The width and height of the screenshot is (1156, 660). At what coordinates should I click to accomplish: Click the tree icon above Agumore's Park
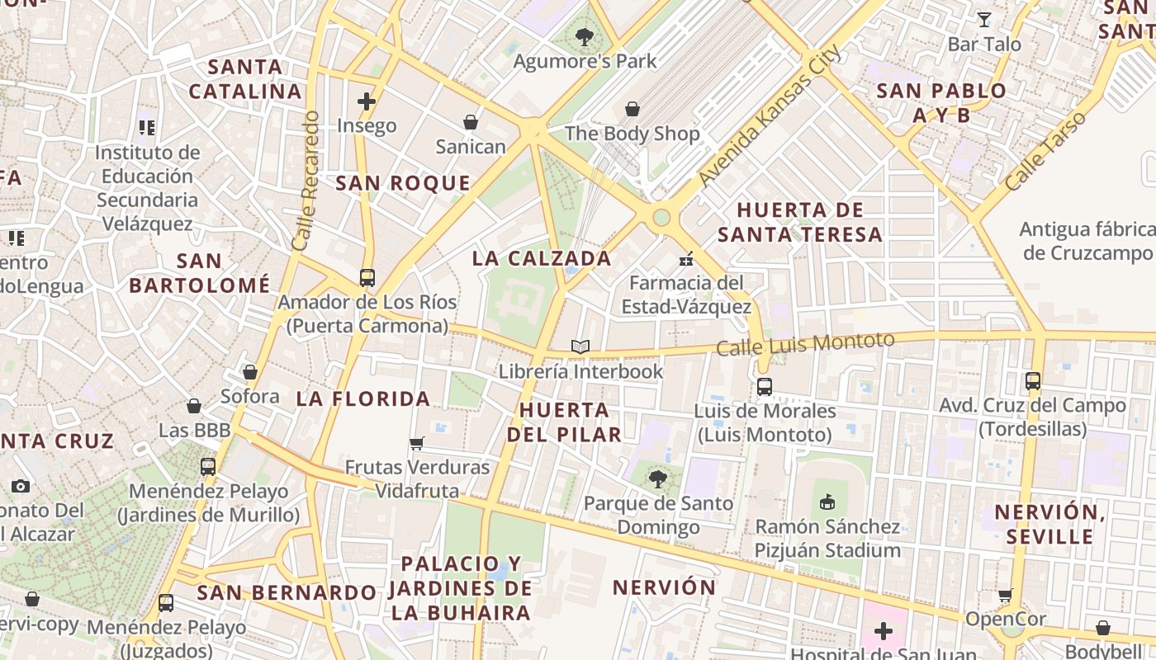click(x=585, y=36)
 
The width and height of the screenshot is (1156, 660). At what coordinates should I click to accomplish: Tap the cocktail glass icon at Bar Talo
click(x=984, y=19)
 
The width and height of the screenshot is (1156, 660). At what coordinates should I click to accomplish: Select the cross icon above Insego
click(x=367, y=101)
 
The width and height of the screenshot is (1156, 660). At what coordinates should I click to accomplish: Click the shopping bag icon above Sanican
click(x=471, y=122)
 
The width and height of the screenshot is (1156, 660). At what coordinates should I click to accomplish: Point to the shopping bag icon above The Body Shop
click(x=632, y=109)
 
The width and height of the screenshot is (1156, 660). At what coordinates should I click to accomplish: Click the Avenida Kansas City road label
click(x=770, y=115)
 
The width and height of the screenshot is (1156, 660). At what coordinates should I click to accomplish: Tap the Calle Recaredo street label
click(x=305, y=181)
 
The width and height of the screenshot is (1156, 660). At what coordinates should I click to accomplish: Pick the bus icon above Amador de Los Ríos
click(x=367, y=278)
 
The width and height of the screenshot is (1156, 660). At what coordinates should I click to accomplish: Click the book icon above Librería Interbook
click(x=580, y=347)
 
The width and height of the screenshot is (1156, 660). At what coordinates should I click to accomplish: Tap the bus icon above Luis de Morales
click(x=764, y=386)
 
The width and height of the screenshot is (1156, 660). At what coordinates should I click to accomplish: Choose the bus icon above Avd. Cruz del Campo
click(x=1033, y=381)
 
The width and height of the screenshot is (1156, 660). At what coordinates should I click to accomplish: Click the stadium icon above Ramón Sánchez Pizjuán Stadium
click(x=827, y=502)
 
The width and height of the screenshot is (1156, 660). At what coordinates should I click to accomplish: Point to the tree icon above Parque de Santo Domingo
click(x=658, y=479)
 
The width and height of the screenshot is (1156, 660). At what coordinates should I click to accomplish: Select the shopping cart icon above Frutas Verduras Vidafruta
click(x=417, y=443)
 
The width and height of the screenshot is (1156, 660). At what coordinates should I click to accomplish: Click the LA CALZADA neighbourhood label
click(x=542, y=258)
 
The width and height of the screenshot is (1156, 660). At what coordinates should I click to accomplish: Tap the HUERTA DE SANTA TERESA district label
click(x=800, y=222)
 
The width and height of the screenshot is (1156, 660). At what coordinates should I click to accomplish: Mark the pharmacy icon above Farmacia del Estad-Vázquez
click(x=685, y=259)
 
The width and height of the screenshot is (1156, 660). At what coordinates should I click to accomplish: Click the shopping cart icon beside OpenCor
click(x=1005, y=595)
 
